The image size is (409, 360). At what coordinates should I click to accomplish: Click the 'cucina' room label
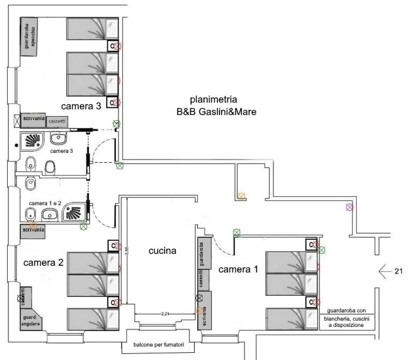pos(163,251)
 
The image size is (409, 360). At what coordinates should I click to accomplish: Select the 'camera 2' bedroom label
pos(43,262)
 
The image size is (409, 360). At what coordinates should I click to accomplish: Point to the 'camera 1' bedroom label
pos(238,269)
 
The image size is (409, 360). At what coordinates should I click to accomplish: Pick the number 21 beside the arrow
pos(399,271)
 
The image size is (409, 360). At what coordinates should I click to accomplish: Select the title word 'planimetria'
pos(213,99)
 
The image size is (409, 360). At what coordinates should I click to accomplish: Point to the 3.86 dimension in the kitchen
pos(126,250)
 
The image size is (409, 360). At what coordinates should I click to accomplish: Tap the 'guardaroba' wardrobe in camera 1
pos(204,253)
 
